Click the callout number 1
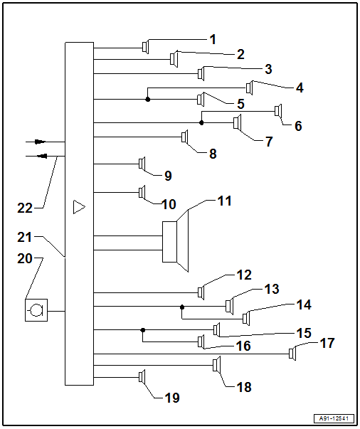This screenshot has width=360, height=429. [213, 40]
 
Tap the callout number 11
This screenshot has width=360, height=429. [225, 201]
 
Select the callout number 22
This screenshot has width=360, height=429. [25, 208]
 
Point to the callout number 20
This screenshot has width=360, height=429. [25, 260]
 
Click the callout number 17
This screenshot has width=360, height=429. [327, 344]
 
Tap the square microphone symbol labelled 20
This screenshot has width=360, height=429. [36, 311]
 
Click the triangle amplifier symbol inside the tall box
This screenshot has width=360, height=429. [79, 208]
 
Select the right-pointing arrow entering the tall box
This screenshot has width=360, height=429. [40, 142]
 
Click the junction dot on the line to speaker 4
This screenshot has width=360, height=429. [147, 99]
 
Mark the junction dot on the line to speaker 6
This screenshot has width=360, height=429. [201, 123]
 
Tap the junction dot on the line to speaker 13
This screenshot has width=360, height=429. [182, 307]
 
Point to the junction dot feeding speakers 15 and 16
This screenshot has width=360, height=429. [143, 329]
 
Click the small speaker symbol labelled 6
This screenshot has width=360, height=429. [278, 111]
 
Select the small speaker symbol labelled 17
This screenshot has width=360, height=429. [292, 354]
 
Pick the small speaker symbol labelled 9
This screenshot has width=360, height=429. [141, 164]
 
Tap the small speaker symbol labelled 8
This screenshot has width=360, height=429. [184, 136]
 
